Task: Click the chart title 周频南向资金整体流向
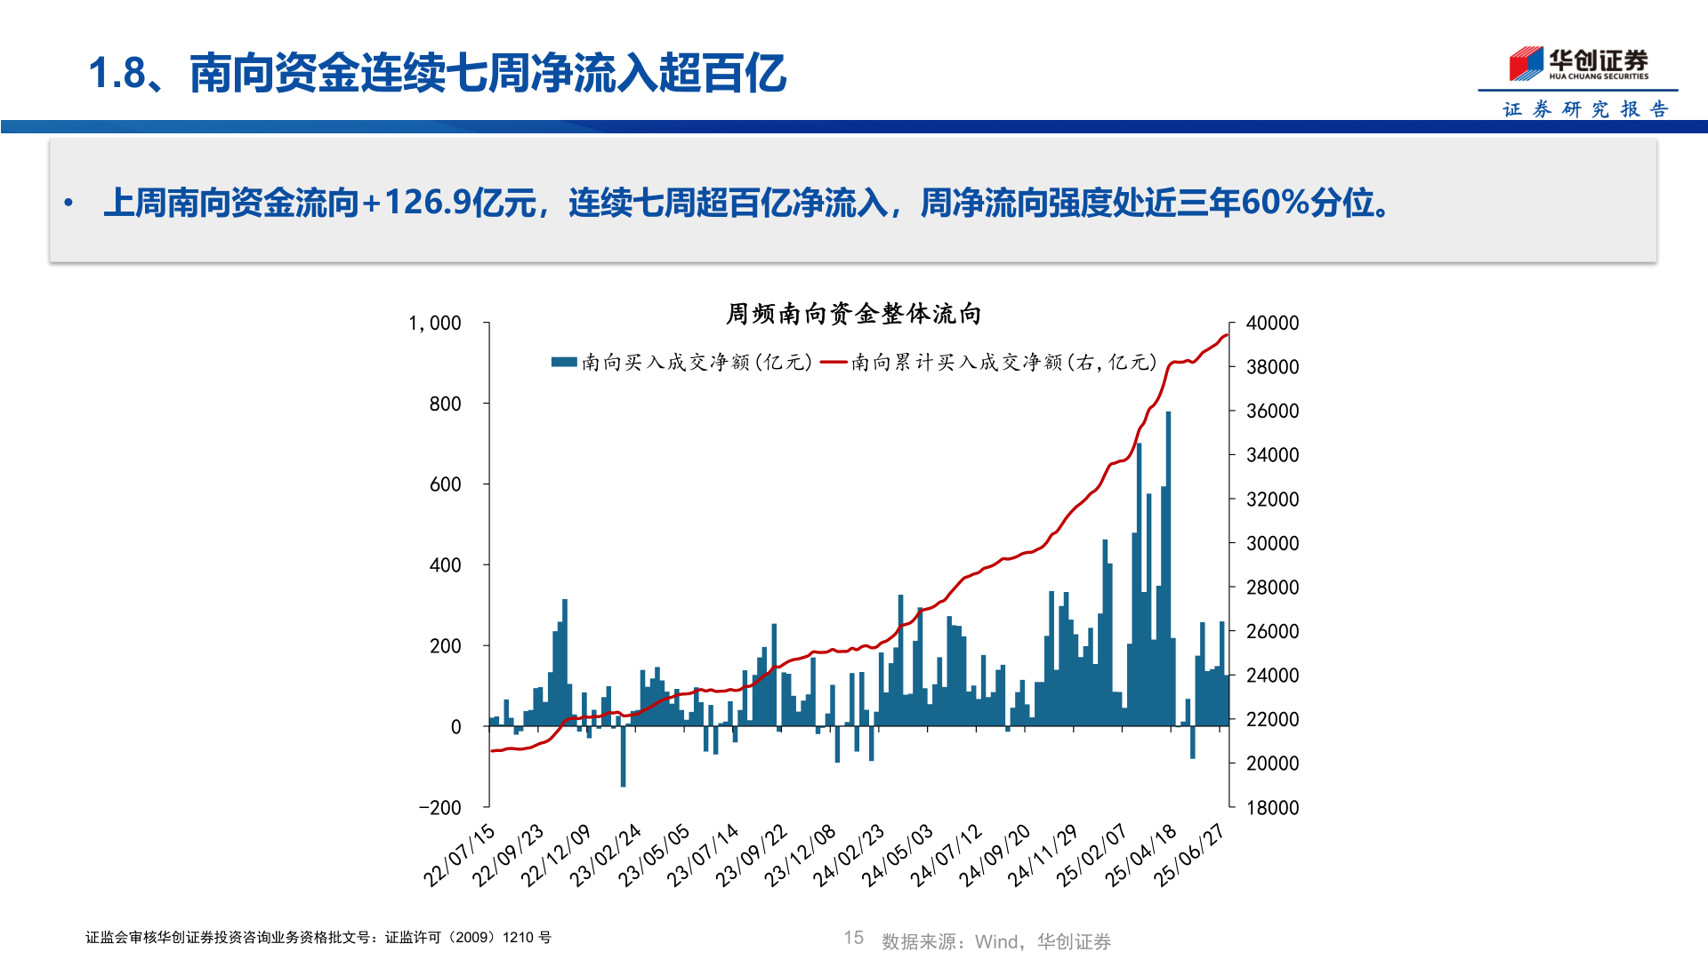tap(853, 314)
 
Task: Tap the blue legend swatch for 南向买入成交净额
tap(564, 362)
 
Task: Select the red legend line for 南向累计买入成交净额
tap(834, 362)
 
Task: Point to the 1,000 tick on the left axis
tap(435, 324)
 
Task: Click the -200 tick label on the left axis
tap(440, 808)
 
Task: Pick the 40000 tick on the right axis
tap(1272, 324)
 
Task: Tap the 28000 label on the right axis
tap(1272, 588)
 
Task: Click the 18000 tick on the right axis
tap(1272, 808)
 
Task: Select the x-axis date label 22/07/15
tap(459, 855)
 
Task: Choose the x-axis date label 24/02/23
tap(849, 855)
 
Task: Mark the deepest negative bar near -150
tap(623, 756)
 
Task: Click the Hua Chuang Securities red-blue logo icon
tap(1526, 64)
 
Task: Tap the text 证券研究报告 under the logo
tap(1585, 109)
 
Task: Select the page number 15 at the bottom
tap(853, 938)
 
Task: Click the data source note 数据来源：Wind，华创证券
tap(996, 941)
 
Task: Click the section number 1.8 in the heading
tap(117, 73)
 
